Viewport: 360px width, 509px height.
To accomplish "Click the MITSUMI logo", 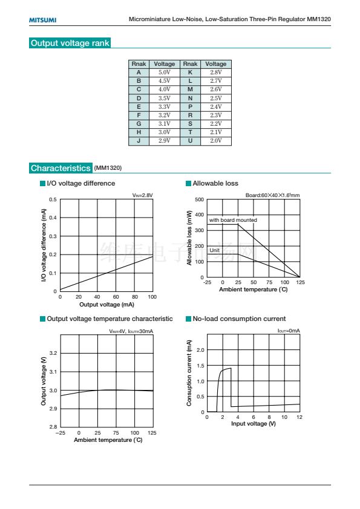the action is [x=42, y=20].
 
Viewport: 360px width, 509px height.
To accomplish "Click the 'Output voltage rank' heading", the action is [x=70, y=43].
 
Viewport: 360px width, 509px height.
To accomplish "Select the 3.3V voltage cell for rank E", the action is [x=165, y=106].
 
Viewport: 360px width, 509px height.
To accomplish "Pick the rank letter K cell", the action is [x=190, y=73].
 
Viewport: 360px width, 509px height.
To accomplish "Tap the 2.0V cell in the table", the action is [x=216, y=141].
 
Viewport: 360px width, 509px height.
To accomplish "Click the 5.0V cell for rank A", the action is [x=165, y=73].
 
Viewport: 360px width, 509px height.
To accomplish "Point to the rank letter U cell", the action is [x=190, y=141].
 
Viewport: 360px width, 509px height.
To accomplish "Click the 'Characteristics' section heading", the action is [x=61, y=168].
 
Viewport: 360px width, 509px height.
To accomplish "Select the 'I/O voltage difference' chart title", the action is [x=81, y=183].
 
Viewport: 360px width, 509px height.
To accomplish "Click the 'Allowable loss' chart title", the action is [x=215, y=183].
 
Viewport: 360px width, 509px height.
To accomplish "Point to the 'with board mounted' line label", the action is [x=233, y=220].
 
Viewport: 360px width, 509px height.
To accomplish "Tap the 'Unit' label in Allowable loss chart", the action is [x=214, y=250].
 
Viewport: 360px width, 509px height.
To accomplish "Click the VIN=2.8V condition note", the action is [x=142, y=195].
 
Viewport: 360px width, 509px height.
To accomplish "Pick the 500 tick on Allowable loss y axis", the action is [x=199, y=199].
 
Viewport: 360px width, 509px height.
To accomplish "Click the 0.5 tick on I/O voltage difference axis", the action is [x=53, y=199].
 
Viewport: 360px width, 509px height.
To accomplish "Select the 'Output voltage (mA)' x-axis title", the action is [x=107, y=305].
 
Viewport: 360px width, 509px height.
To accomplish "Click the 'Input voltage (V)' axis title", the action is [x=254, y=424].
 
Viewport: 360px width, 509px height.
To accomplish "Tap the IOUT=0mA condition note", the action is [x=289, y=331].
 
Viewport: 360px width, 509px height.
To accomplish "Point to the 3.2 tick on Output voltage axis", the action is [x=53, y=353].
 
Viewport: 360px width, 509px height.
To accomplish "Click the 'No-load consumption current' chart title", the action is [x=239, y=319].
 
